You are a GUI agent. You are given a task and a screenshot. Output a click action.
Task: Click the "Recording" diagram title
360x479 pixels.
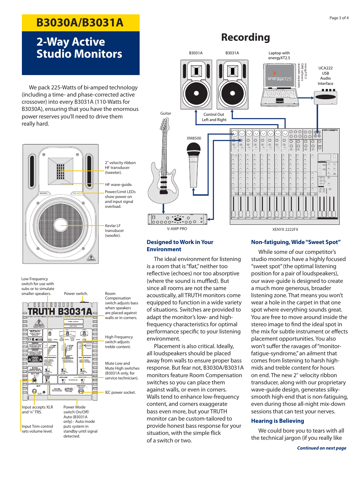pyautogui.click(x=245, y=37)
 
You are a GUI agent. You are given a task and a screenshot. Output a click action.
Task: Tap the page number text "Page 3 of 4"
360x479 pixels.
pyautogui.click(x=339, y=18)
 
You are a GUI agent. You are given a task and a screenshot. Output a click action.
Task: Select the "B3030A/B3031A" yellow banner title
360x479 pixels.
pyautogui.click(x=80, y=23)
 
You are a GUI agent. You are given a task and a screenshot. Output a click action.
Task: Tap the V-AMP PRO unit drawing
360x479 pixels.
pyautogui.click(x=177, y=219)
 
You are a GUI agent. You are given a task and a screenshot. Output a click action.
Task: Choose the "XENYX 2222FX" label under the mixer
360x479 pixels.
pyautogui.click(x=285, y=229)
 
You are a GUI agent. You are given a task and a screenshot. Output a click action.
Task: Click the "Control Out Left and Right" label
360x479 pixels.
pyautogui.click(x=214, y=117)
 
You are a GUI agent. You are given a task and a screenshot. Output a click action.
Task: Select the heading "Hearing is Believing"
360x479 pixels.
pyautogui.click(x=277, y=421)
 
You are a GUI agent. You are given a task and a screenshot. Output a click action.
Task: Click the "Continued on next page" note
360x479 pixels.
pyautogui.click(x=322, y=448)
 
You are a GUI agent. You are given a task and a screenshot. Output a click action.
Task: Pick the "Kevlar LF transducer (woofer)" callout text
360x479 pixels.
pyautogui.click(x=114, y=230)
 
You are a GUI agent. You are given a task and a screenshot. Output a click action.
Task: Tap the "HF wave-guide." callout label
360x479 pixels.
pyautogui.click(x=118, y=185)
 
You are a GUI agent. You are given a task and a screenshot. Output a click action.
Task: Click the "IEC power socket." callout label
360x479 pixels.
pyautogui.click(x=120, y=393)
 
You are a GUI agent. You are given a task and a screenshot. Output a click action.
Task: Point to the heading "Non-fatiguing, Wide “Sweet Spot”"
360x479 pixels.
pyautogui.click(x=296, y=242)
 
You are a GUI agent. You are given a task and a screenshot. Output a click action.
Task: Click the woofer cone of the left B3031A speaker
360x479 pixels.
pyautogui.click(x=196, y=93)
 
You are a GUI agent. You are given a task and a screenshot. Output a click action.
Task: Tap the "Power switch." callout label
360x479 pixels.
pyautogui.click(x=76, y=293)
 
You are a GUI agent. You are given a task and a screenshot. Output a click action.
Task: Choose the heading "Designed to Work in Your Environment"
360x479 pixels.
pyautogui.click(x=180, y=246)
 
